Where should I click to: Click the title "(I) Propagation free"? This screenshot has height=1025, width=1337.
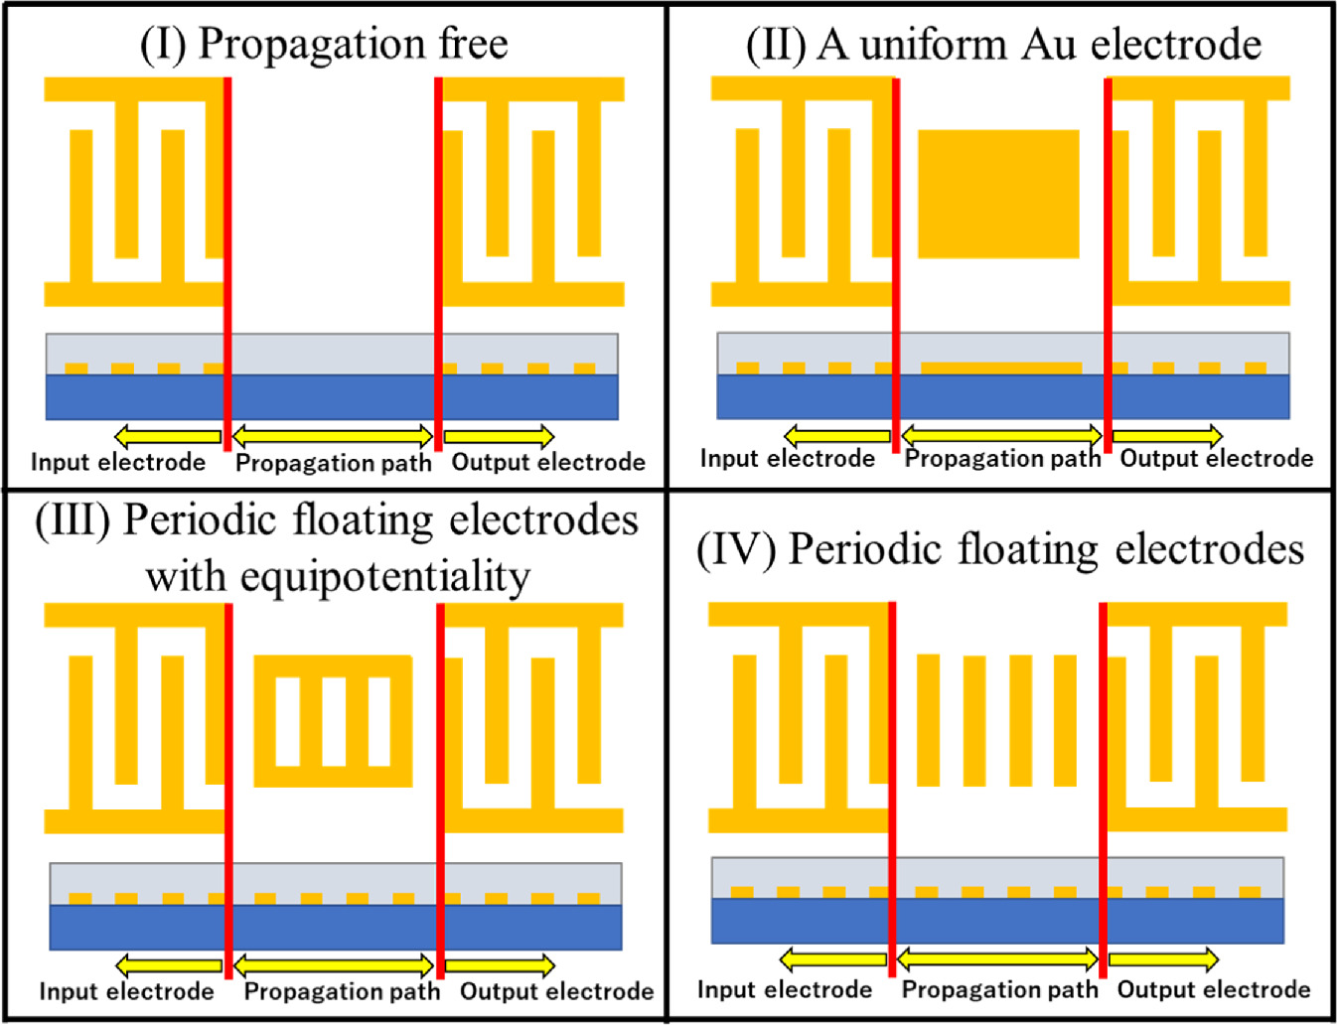pyautogui.click(x=324, y=44)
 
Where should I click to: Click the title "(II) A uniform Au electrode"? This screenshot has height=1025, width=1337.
pyautogui.click(x=1003, y=45)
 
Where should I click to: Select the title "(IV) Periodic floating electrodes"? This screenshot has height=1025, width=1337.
pyautogui.click(x=1000, y=549)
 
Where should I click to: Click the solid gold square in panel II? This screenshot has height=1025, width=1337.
pyautogui.click(x=998, y=194)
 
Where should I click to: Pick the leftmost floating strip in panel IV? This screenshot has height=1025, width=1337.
pyautogui.click(x=929, y=719)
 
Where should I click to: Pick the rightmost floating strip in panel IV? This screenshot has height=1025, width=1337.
pyautogui.click(x=1065, y=719)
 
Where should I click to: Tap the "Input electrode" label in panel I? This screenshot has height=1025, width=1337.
pyautogui.click(x=118, y=462)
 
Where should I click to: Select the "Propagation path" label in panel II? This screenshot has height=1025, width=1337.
pyautogui.click(x=1002, y=458)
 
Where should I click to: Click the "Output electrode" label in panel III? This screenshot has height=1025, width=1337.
pyautogui.click(x=556, y=991)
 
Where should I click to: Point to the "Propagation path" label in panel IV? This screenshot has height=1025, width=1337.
pyautogui.click(x=999, y=989)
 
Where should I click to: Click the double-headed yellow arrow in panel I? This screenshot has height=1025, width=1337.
pyautogui.click(x=333, y=435)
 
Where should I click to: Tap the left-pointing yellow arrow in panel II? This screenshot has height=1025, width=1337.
pyautogui.click(x=836, y=435)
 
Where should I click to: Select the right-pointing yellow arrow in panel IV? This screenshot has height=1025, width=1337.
pyautogui.click(x=1163, y=958)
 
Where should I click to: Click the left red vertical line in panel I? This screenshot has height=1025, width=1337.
pyautogui.click(x=227, y=263)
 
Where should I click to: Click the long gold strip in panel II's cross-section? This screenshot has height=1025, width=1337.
pyautogui.click(x=1001, y=367)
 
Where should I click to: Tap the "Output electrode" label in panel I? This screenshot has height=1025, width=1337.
pyautogui.click(x=548, y=462)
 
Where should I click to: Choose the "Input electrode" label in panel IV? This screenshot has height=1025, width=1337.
pyautogui.click(x=785, y=989)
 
